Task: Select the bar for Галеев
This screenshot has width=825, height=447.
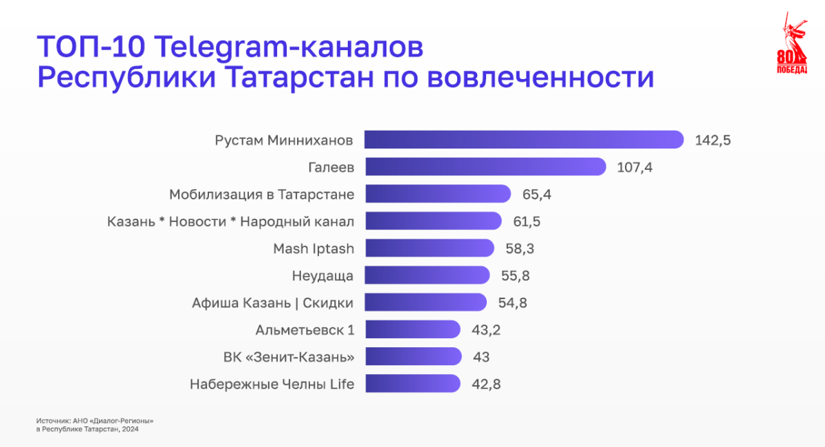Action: pyautogui.click(x=485, y=167)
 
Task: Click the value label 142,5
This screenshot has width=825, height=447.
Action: pyautogui.click(x=712, y=140)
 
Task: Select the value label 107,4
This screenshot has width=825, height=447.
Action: pyautogui.click(x=635, y=167)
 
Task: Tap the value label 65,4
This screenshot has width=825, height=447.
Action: pyautogui.click(x=537, y=195)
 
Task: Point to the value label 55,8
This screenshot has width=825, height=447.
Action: pyautogui.click(x=516, y=276)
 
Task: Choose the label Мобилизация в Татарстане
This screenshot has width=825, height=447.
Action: pyautogui.click(x=262, y=195)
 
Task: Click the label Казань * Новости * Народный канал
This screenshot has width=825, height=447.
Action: pyautogui.click(x=231, y=221)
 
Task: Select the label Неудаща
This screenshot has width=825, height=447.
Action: pyautogui.click(x=322, y=276)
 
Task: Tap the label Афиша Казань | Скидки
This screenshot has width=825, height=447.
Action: pyautogui.click(x=273, y=303)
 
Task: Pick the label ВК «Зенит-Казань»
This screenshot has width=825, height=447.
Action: pyautogui.click(x=289, y=357)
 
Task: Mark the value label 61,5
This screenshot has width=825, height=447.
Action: pyautogui.click(x=527, y=221)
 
